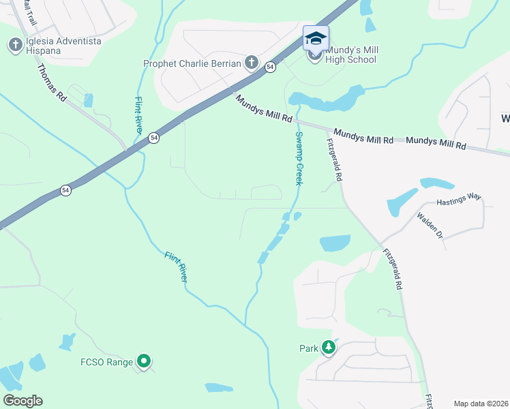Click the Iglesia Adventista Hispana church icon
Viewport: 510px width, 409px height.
tap(15, 46)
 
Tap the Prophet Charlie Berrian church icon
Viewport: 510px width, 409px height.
tap(251, 63)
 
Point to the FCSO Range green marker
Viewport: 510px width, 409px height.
tap(143, 361)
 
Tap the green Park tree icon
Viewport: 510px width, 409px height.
tap(329, 348)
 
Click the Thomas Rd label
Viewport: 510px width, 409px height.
tap(51, 82)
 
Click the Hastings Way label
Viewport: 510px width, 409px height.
tap(459, 198)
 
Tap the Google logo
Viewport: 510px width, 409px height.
tap(22, 401)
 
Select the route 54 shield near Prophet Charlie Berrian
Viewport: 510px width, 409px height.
tap(271, 67)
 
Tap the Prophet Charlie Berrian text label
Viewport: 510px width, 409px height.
tap(192, 64)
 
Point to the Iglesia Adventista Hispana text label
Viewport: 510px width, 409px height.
tap(63, 46)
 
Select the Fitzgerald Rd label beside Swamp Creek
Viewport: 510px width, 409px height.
tap(334, 160)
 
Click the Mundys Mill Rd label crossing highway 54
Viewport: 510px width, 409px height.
tap(265, 109)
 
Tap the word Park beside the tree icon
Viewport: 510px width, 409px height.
tap(310, 348)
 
